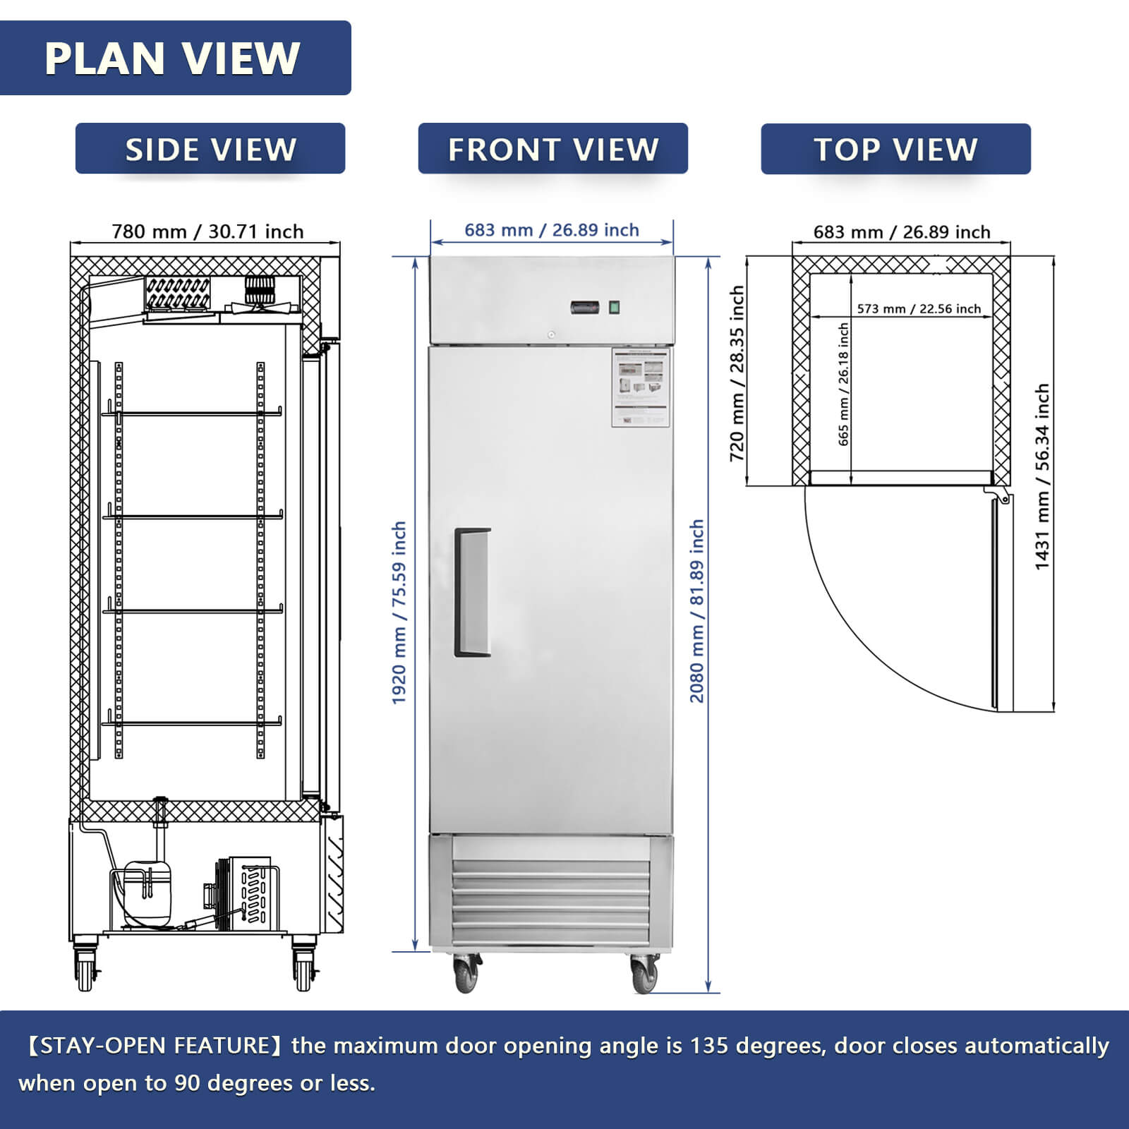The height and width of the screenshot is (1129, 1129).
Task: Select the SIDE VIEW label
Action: click(x=210, y=149)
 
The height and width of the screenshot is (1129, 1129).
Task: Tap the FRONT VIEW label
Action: click(x=553, y=149)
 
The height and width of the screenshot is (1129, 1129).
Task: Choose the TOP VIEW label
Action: click(x=895, y=149)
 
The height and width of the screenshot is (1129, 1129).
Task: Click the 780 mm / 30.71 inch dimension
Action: click(x=207, y=231)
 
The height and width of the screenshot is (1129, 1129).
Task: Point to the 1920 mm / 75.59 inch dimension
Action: click(x=399, y=612)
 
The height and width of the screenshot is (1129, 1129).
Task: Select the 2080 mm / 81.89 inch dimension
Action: click(x=697, y=611)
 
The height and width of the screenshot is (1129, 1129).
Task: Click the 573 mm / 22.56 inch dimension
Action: click(x=918, y=308)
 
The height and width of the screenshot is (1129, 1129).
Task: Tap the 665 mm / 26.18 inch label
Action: click(x=844, y=385)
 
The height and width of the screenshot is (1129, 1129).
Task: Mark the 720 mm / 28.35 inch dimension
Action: click(x=737, y=374)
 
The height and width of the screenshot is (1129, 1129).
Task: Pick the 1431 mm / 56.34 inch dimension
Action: click(x=1042, y=477)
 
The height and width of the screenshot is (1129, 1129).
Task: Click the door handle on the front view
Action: click(x=472, y=592)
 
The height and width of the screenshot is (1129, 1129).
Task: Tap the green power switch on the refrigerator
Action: click(x=614, y=307)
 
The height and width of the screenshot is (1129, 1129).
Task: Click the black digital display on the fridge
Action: click(x=585, y=308)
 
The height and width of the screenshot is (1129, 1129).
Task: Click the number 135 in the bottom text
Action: click(x=708, y=1045)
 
